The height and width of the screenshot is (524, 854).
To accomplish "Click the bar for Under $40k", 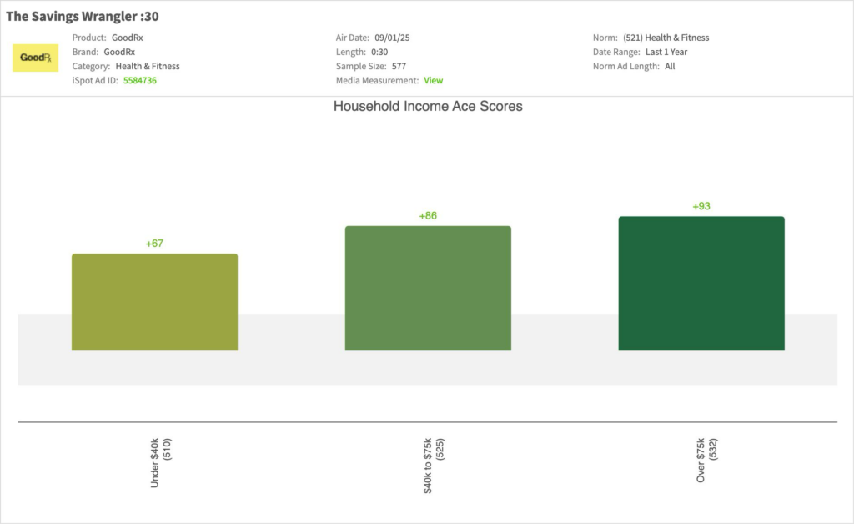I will tap(154, 302).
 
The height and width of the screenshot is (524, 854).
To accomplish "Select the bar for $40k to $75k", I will tap(428, 288).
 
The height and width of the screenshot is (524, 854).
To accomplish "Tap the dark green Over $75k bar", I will tap(701, 284).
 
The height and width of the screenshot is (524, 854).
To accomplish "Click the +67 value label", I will tap(154, 244).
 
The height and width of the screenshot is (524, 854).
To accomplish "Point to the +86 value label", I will tap(428, 216).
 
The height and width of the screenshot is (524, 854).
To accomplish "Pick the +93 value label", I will tap(701, 206).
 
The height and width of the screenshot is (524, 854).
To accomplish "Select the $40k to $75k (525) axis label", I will tap(434, 466).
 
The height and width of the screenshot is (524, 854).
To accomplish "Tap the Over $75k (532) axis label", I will tap(706, 461).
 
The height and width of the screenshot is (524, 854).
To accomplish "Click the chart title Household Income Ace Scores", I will tap(428, 107).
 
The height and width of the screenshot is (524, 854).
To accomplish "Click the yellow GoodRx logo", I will tap(35, 58).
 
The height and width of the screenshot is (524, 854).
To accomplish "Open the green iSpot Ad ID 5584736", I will tap(140, 81).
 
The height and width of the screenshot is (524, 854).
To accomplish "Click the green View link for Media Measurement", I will tap(434, 81).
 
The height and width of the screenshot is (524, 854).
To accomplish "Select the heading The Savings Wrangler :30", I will tap(83, 16).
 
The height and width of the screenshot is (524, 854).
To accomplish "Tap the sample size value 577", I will tap(399, 66).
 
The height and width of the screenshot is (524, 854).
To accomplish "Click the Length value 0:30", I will tap(379, 52).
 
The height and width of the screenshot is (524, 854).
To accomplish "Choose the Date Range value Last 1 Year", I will tap(666, 52).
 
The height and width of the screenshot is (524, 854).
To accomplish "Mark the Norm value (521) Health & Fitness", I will tap(666, 38).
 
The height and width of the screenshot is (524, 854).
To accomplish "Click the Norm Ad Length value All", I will tap(670, 66).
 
